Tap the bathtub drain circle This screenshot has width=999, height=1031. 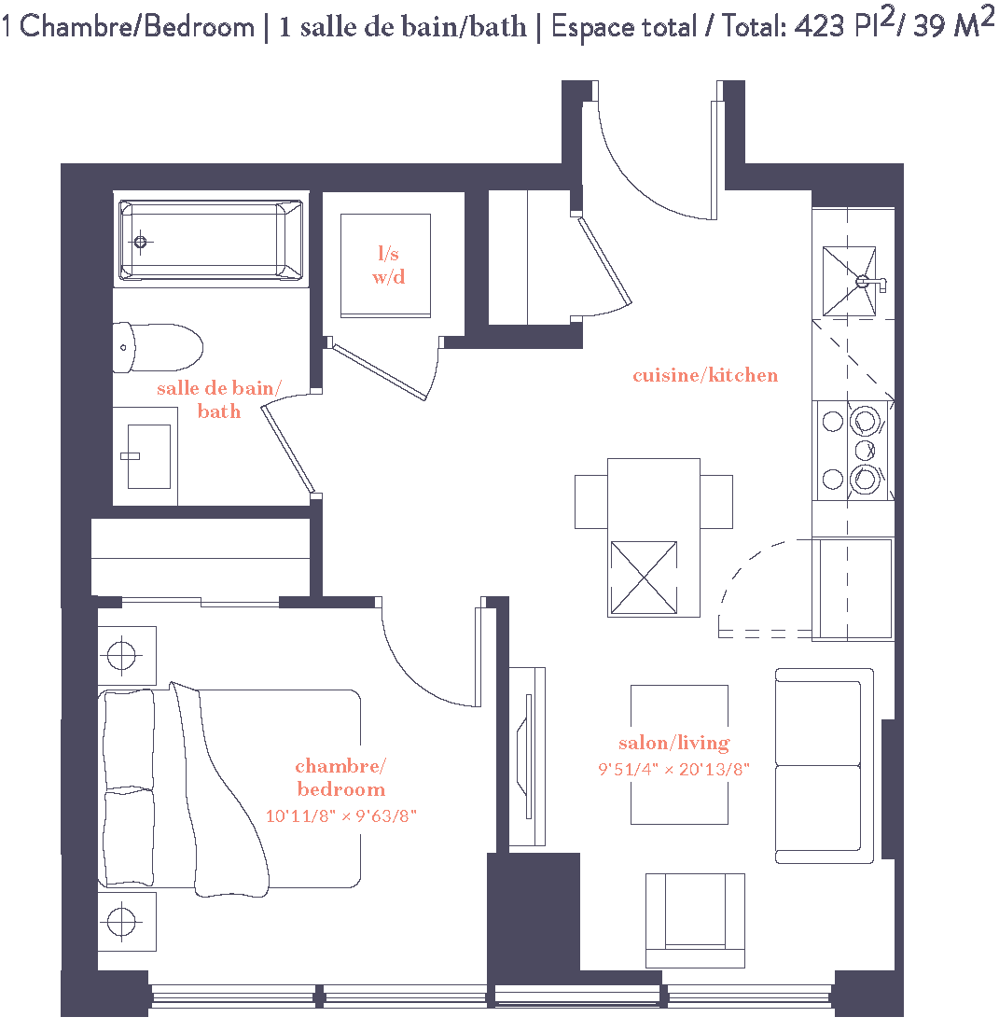141,243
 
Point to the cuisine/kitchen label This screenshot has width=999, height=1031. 705,375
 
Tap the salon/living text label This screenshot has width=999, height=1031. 673,743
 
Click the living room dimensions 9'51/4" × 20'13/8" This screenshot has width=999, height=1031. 673,770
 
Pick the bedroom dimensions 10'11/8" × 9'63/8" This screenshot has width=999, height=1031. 340,815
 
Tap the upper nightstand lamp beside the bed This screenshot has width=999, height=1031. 121,655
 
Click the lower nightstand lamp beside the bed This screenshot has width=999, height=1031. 121,922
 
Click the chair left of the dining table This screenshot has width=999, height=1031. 590,501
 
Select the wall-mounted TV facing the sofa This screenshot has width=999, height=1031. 528,755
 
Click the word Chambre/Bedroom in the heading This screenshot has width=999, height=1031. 136,27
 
